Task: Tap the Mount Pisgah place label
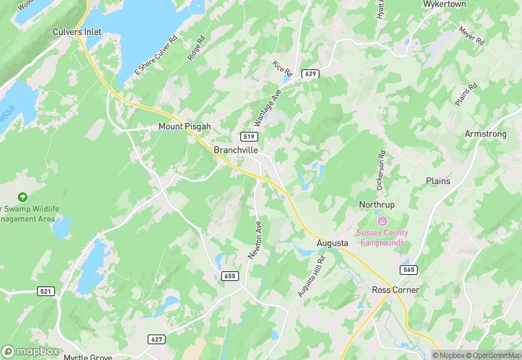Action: [184, 127]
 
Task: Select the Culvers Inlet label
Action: [78, 32]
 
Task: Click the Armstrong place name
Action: [485, 134]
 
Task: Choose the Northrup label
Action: [377, 205]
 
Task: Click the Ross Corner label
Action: [396, 290]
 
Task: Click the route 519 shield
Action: [249, 136]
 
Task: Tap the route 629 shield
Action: [311, 73]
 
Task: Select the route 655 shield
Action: [231, 276]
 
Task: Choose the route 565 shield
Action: [409, 270]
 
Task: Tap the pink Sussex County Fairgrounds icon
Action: [383, 221]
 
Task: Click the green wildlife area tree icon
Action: [23, 197]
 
